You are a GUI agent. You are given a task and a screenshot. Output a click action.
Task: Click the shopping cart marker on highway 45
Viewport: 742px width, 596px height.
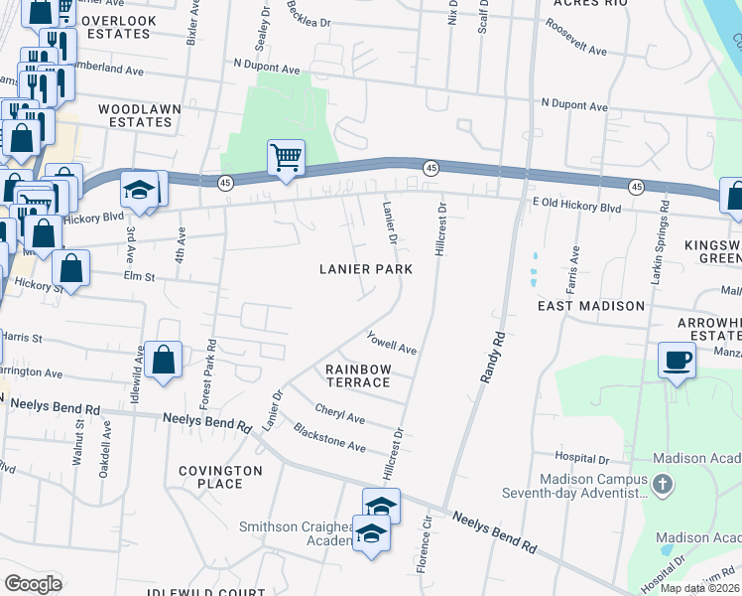tap(286, 157)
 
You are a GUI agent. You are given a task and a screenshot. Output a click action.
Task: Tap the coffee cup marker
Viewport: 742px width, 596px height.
tap(679, 361)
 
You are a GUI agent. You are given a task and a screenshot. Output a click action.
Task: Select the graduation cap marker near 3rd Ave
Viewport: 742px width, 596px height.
tap(140, 189)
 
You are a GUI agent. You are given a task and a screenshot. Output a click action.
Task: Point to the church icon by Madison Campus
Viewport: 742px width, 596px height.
tap(664, 484)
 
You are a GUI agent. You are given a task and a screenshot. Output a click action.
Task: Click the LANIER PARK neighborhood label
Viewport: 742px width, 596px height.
tap(365, 269)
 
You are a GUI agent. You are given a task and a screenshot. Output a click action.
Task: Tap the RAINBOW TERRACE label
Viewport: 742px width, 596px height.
tap(358, 375)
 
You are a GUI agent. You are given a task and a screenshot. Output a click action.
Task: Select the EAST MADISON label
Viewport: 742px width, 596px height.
tap(590, 306)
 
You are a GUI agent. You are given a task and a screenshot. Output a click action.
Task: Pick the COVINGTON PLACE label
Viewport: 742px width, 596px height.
tap(220, 477)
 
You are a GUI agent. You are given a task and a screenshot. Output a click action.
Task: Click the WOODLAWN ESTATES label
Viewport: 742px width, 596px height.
tap(135, 114)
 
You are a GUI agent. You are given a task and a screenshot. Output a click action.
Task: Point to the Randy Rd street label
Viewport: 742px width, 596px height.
tap(489, 357)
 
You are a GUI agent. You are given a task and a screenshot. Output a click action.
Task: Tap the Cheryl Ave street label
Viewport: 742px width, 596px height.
tap(340, 412)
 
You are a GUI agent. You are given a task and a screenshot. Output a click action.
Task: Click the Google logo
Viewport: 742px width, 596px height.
tap(33, 583)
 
